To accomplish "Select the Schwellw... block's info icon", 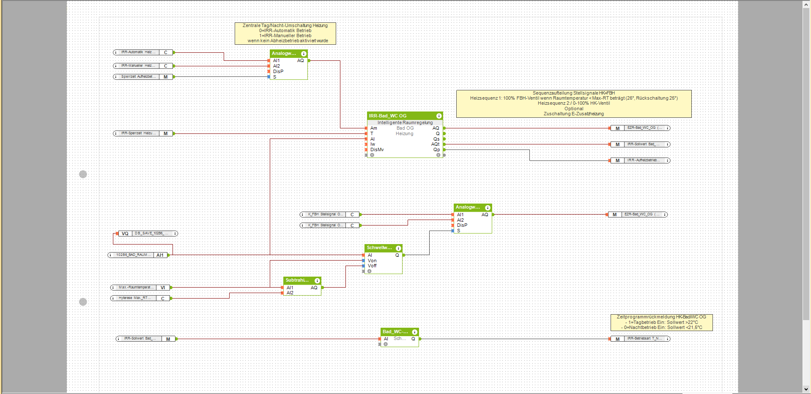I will [x=398, y=248].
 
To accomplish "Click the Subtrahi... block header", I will [x=298, y=280].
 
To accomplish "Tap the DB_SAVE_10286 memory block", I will [x=148, y=234].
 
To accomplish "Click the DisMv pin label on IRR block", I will [x=377, y=150].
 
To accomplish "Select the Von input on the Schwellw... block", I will [x=372, y=261].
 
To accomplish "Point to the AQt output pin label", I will [x=435, y=144].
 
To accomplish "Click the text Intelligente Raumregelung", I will [x=405, y=122].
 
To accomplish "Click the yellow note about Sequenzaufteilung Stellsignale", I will [x=573, y=103].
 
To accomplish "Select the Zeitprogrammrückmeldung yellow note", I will [x=661, y=322].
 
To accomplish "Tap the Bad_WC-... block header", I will [x=395, y=332].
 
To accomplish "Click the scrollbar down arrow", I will [x=807, y=389].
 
